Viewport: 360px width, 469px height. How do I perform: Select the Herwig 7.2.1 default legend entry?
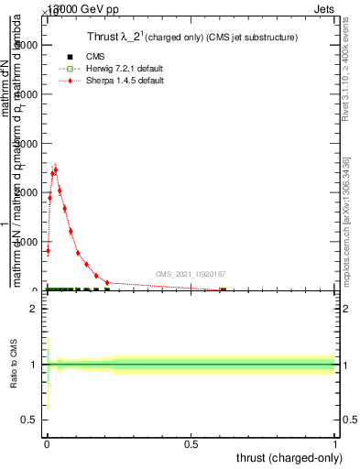tap(110, 69)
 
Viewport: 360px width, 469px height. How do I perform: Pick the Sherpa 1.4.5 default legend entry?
tap(110, 81)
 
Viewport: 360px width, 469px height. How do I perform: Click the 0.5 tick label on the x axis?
tap(191, 444)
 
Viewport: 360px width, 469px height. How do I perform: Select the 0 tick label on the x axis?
tap(47, 444)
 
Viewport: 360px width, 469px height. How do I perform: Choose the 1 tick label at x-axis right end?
tap(335, 444)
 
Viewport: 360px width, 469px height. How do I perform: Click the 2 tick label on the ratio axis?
tap(35, 310)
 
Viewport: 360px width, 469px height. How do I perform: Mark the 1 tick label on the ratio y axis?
tap(35, 365)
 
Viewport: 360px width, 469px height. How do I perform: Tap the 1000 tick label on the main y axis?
tap(27, 242)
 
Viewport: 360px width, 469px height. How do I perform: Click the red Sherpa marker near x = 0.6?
tap(223, 289)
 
